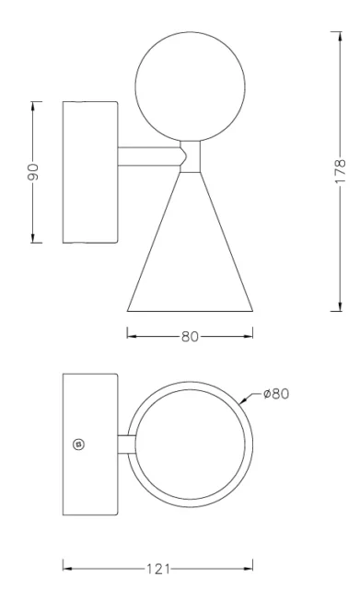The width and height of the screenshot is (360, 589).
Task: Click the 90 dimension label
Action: click(x=34, y=172)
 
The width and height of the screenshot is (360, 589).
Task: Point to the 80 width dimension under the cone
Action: click(x=190, y=336)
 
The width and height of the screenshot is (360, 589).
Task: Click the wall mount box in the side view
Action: click(x=89, y=172)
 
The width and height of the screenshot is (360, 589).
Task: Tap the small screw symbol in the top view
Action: click(x=78, y=445)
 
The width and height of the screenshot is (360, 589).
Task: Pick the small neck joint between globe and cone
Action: click(x=190, y=156)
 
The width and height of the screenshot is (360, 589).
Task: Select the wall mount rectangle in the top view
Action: click(x=89, y=444)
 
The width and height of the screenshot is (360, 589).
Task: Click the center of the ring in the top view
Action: click(x=190, y=445)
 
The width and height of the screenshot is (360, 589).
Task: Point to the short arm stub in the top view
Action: click(x=122, y=445)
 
